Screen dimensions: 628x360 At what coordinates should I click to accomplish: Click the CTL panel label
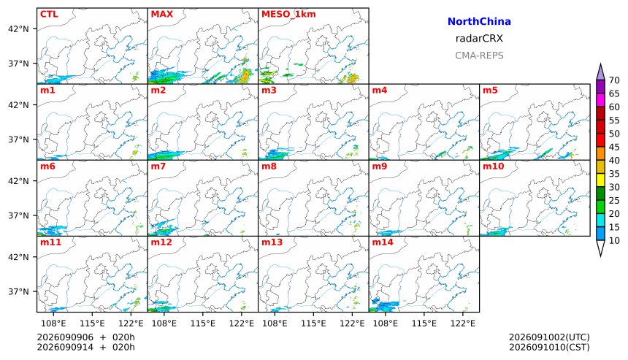(x=49, y=14)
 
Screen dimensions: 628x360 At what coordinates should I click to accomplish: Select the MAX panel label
(x=162, y=14)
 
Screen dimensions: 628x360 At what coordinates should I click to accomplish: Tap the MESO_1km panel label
(x=288, y=14)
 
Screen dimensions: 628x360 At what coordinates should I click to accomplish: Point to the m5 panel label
(x=490, y=90)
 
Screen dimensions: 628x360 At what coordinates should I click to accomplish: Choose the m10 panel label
(x=493, y=166)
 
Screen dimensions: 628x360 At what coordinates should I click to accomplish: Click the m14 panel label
(x=383, y=242)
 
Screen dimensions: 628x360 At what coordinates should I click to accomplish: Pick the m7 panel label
(x=158, y=166)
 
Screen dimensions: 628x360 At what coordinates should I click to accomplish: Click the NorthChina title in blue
(x=479, y=22)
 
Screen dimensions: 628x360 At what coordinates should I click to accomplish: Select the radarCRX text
(x=479, y=39)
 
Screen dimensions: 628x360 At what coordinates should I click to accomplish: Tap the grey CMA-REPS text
(x=479, y=55)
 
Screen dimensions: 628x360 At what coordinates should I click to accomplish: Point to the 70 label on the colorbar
(x=614, y=80)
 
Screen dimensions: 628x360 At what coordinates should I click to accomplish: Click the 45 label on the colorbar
(x=614, y=147)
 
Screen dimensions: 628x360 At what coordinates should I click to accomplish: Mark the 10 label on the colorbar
(x=614, y=241)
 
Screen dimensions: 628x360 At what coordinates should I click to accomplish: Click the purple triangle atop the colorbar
(x=600, y=72)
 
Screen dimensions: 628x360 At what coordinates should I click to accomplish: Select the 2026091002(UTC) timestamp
(x=549, y=337)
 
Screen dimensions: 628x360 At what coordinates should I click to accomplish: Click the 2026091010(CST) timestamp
(x=549, y=347)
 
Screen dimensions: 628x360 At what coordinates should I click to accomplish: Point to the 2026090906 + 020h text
(x=85, y=337)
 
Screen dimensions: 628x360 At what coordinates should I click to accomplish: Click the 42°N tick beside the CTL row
(x=18, y=28)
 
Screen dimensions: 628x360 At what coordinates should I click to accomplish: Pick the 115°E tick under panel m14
(x=424, y=323)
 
